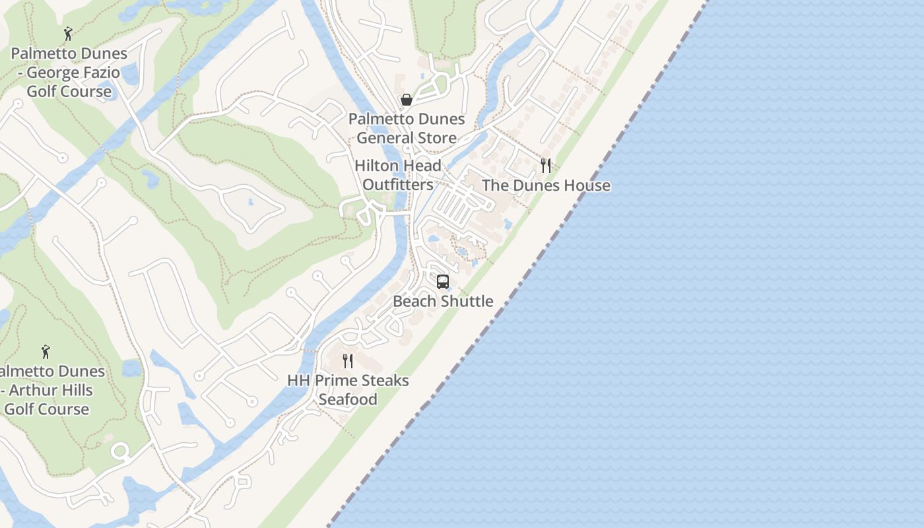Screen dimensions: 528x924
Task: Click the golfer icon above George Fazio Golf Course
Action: coord(68,33)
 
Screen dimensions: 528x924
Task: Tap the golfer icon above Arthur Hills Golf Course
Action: coord(46,352)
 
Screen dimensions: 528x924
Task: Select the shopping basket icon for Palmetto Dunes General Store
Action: coord(407,100)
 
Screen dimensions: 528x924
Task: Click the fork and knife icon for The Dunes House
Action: coord(546,166)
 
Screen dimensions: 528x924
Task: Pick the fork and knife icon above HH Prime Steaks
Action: coord(348,360)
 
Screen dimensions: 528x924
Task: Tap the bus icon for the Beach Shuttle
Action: coord(443,282)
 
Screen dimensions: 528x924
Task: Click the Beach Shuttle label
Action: coord(443,301)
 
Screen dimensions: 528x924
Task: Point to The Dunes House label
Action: coord(546,185)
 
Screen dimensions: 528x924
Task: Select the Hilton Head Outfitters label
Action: coord(397,175)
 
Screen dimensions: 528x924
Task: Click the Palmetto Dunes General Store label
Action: coord(407,129)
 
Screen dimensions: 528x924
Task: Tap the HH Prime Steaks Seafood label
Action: coord(348,390)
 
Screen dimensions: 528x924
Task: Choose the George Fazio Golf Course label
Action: coord(69,73)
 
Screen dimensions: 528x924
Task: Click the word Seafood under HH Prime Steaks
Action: coord(348,399)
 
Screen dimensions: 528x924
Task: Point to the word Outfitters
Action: coord(397,185)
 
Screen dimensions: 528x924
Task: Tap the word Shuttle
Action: coord(466,301)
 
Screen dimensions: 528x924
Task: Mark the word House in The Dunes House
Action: coord(587,185)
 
